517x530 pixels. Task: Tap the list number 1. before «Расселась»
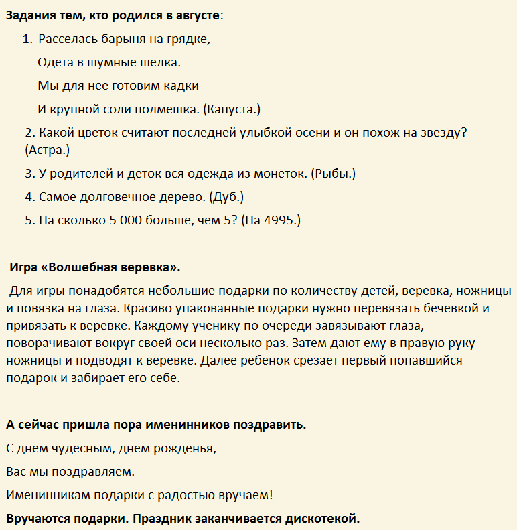(x=27, y=39)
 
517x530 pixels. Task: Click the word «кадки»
(x=180, y=86)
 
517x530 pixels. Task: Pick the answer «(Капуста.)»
(x=232, y=109)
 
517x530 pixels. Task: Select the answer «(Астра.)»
(x=48, y=150)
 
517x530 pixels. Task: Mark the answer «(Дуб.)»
(x=226, y=197)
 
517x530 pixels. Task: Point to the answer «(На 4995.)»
(x=271, y=220)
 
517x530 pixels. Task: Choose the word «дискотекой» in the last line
(x=322, y=519)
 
